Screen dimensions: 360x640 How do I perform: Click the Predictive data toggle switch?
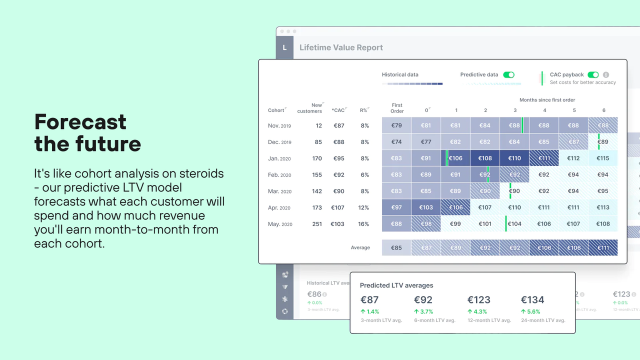click(508, 75)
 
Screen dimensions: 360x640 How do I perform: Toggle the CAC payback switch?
click(593, 75)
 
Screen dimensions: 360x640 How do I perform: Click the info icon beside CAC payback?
click(606, 75)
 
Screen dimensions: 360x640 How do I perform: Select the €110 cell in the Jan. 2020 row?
click(514, 158)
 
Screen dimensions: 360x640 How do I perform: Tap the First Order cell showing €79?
click(396, 125)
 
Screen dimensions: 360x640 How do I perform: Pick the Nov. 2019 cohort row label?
click(279, 126)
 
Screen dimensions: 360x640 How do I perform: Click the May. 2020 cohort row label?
click(280, 224)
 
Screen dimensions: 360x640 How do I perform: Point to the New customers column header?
click(310, 108)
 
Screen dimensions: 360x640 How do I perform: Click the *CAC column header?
click(338, 110)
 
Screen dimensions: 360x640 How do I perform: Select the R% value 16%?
click(363, 224)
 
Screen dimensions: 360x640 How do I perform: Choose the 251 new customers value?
click(317, 224)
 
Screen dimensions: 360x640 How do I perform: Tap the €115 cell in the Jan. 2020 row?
click(603, 158)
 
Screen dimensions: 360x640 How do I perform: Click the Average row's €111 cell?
click(603, 248)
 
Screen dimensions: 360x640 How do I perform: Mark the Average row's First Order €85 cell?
click(396, 248)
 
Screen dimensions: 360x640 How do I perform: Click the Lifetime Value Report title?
click(341, 47)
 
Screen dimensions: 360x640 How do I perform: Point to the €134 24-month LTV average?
click(532, 300)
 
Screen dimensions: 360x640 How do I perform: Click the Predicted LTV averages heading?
click(396, 285)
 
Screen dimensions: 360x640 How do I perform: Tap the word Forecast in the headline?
click(80, 122)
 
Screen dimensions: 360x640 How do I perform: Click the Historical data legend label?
click(400, 75)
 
